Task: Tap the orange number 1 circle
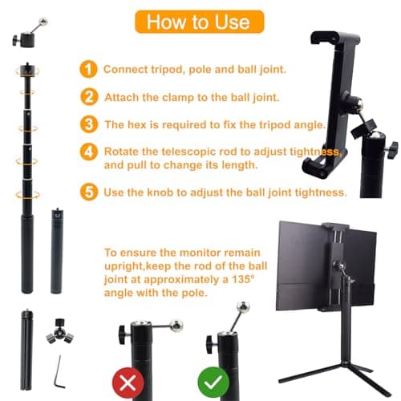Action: coord(90,69)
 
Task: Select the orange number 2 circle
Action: coord(90,97)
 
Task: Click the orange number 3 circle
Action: coord(90,124)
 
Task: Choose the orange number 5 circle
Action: coord(90,192)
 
